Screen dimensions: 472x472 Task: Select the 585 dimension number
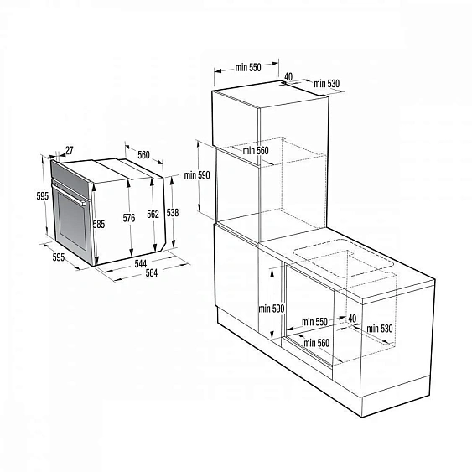point(98,225)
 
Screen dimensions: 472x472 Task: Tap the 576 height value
point(128,218)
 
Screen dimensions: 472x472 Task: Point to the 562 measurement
point(153,214)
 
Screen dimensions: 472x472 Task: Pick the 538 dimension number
point(173,212)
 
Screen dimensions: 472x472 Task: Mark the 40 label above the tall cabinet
point(289,76)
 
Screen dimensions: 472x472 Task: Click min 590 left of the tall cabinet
point(198,175)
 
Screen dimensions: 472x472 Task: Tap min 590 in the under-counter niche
point(272,309)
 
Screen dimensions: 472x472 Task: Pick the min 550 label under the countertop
point(314,321)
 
